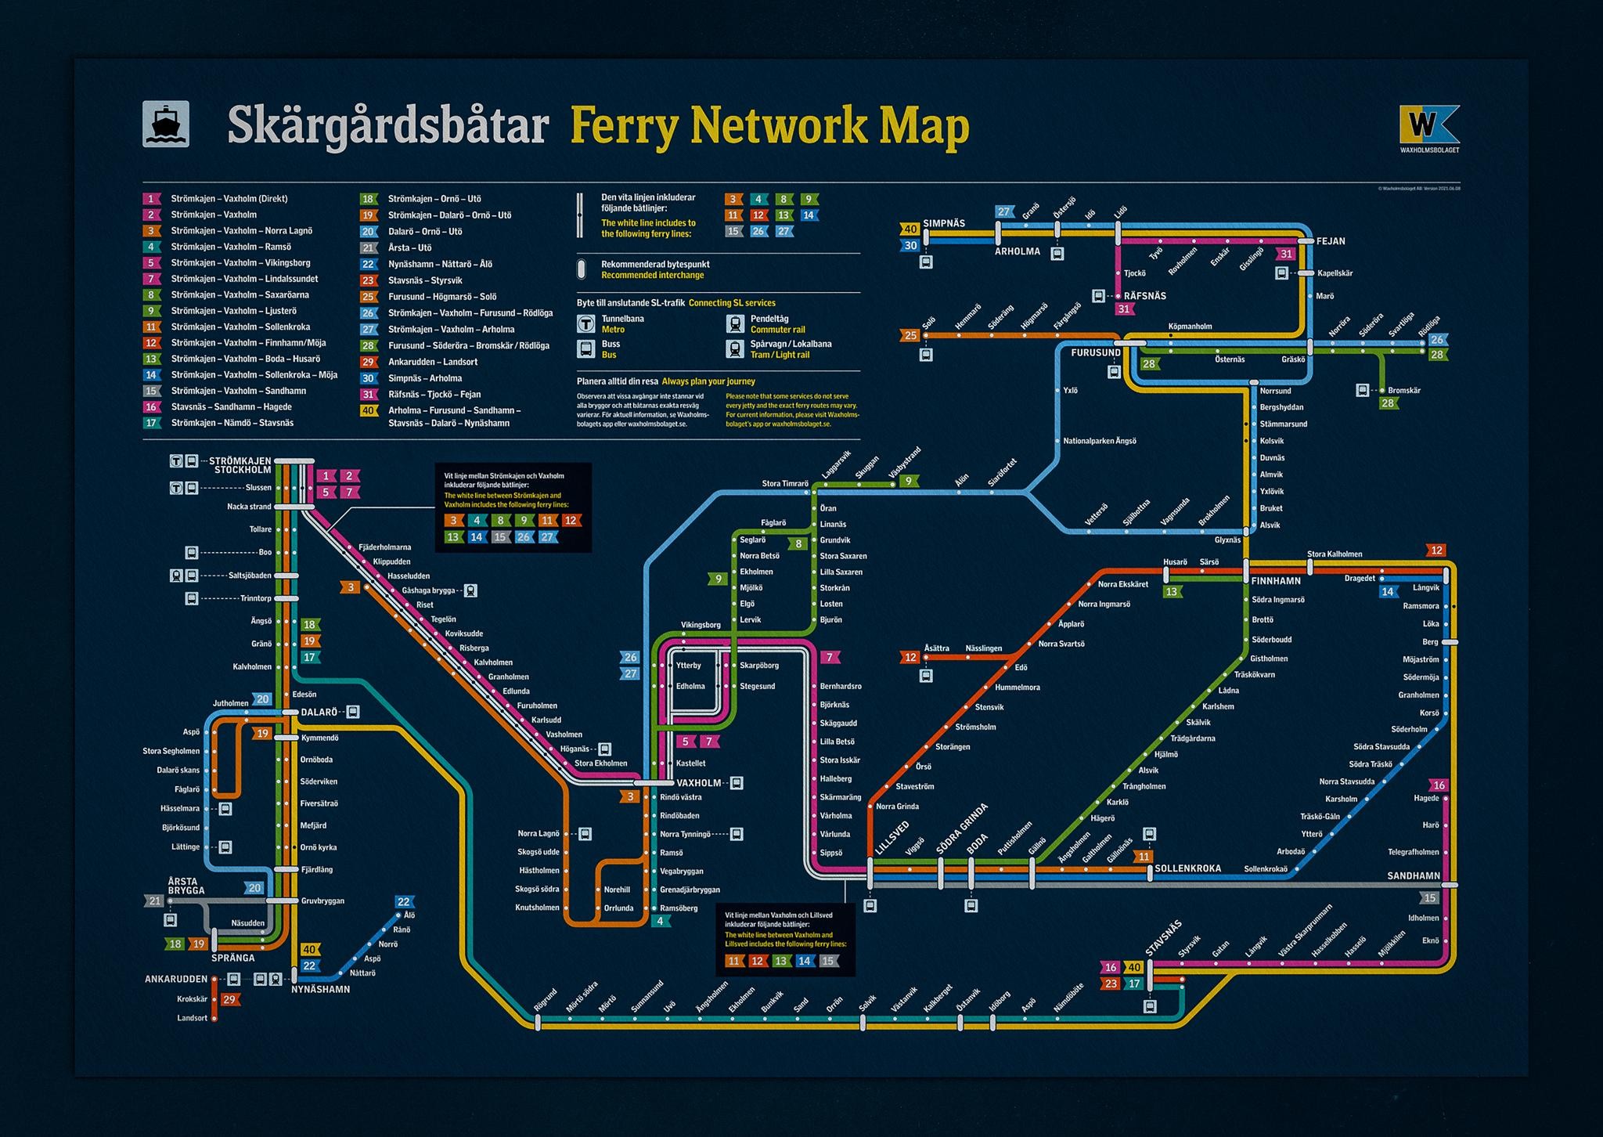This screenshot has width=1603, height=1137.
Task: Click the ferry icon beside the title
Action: coord(165,125)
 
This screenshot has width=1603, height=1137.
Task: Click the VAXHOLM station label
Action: coord(698,782)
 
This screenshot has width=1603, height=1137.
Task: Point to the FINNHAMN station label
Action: coord(1276,581)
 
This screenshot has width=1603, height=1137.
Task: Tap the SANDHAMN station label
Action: coord(1414,875)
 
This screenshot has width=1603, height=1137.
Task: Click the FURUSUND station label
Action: coord(1096,353)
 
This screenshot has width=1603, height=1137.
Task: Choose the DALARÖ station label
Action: coord(319,712)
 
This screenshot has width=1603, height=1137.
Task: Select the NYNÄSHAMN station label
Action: coord(320,989)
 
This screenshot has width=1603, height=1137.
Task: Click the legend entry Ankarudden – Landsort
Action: coord(433,362)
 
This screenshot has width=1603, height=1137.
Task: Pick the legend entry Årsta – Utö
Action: coord(409,247)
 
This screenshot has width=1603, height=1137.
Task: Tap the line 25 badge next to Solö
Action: coord(910,336)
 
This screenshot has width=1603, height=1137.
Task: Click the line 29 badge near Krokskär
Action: coord(229,999)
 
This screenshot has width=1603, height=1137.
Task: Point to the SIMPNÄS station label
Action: coord(944,223)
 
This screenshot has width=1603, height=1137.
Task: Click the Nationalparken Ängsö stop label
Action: coord(1099,441)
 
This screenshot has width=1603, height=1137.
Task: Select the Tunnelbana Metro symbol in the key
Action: coord(585,323)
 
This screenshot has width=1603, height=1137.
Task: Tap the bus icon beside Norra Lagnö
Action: coord(585,834)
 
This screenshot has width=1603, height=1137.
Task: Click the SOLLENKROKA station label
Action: coord(1187,869)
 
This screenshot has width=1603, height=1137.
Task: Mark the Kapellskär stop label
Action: coord(1335,273)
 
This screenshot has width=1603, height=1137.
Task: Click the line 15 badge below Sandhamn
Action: coord(1430,898)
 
